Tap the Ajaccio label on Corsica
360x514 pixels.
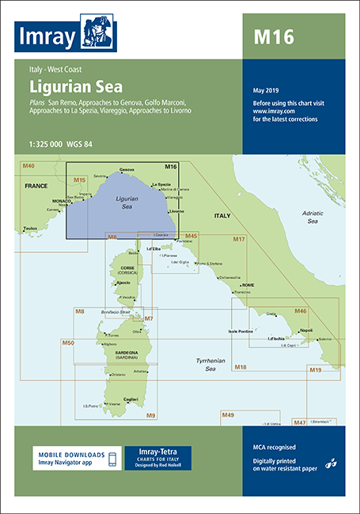pyautogui.click(x=123, y=282)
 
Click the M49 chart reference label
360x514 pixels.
pyautogui.click(x=228, y=415)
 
